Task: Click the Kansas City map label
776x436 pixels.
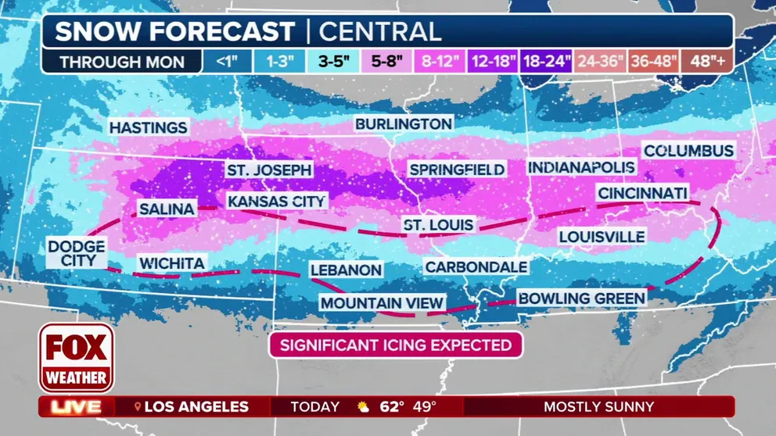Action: tap(276, 202)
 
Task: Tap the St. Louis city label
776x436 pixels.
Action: tap(438, 225)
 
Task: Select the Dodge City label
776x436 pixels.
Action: tap(76, 253)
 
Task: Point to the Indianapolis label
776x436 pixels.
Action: tap(581, 167)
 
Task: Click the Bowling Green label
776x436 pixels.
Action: tap(581, 298)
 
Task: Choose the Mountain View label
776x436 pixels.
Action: tap(383, 303)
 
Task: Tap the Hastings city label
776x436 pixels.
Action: tap(148, 127)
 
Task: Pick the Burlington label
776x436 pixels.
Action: tap(404, 123)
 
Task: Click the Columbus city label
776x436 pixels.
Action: tap(688, 151)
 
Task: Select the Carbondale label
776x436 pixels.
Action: tap(476, 267)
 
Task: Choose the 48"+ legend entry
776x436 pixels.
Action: tap(706, 62)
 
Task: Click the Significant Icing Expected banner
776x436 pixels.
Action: tap(395, 345)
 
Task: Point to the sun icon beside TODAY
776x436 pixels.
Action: tap(363, 407)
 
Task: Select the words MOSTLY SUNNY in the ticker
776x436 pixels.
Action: tap(598, 407)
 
